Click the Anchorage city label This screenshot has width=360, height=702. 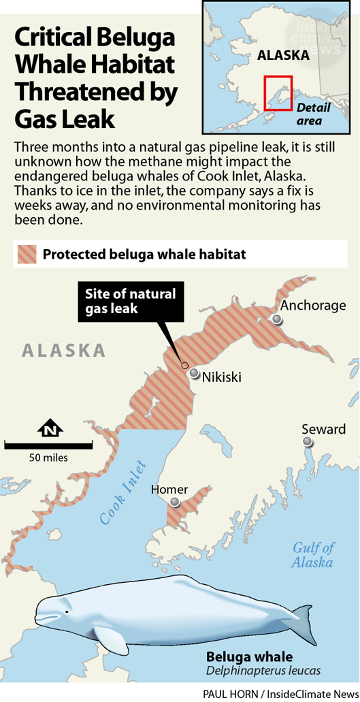[x=313, y=305]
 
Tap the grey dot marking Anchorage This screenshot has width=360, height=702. [x=276, y=319]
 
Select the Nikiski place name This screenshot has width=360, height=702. [x=222, y=377]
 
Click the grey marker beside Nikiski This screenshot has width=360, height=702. [x=195, y=373]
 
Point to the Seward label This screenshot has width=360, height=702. [x=324, y=429]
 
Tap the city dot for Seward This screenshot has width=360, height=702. [x=309, y=442]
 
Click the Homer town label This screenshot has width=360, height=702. [x=169, y=489]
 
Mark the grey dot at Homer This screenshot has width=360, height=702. [x=175, y=502]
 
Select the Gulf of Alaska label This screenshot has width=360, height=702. [x=313, y=555]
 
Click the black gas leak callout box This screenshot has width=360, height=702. [x=130, y=301]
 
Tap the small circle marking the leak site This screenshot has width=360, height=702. [x=185, y=366]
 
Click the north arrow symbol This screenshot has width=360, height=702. [x=50, y=429]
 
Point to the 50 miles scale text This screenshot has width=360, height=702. [x=48, y=458]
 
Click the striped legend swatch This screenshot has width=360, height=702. [x=25, y=255]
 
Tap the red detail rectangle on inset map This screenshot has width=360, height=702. [x=278, y=93]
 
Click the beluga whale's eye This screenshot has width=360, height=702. [x=67, y=611]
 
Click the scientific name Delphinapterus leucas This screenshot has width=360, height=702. [x=263, y=671]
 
